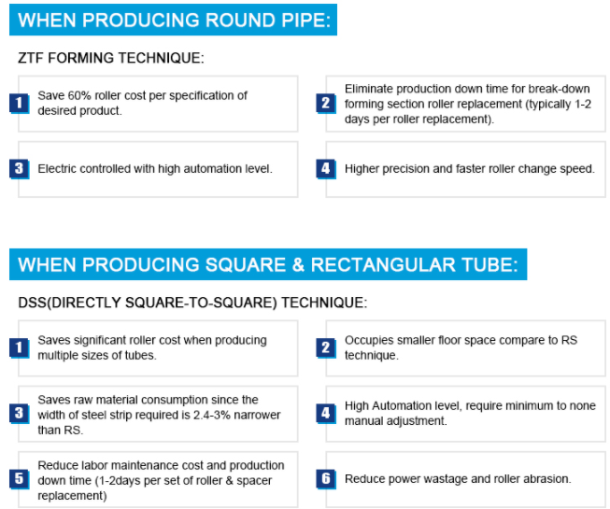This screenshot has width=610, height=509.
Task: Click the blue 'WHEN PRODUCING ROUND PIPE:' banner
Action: point(173,20)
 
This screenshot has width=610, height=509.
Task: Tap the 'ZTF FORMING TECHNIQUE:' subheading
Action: point(111,58)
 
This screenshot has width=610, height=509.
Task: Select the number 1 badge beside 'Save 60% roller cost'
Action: point(19,103)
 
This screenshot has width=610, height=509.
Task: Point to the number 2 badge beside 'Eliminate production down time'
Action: point(326,103)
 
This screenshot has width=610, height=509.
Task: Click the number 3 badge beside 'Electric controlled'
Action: point(19,169)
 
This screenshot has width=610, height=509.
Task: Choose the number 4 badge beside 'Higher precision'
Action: point(326,169)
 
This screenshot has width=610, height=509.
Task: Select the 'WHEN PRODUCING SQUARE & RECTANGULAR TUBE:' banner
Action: point(268,264)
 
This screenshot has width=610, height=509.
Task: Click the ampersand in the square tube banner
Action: point(298,265)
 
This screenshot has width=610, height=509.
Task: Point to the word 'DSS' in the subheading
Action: point(33,303)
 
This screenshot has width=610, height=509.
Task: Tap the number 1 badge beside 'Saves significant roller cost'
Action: point(19,347)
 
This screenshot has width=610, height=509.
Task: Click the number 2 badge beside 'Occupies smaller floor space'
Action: point(326,347)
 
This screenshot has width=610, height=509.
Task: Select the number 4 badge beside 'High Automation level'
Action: point(326,413)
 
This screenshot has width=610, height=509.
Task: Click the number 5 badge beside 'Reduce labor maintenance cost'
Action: point(19,479)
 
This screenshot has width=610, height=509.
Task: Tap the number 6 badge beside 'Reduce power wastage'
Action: point(326,479)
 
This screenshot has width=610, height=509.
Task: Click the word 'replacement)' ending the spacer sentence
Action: point(72,496)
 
